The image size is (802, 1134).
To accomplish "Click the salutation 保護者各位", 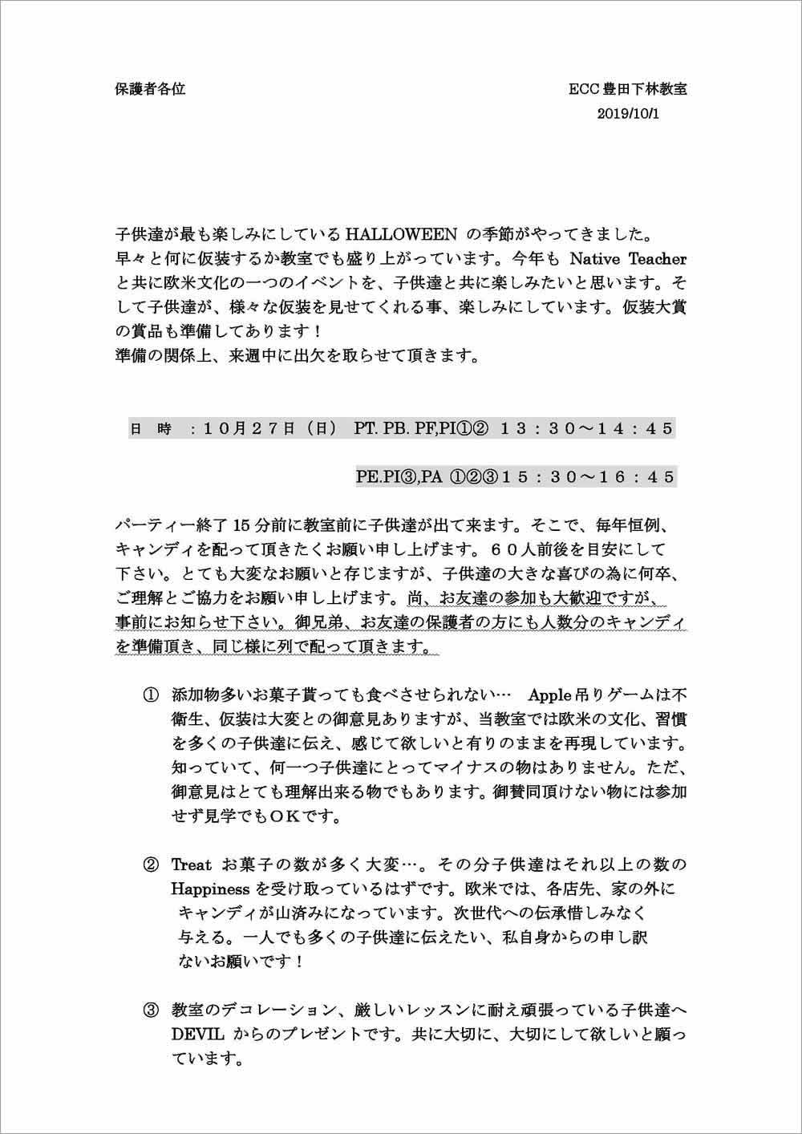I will (151, 90).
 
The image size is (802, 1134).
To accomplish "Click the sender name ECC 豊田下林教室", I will (628, 90).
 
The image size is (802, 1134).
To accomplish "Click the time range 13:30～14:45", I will (585, 428).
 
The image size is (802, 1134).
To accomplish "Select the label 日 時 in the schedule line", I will (151, 429).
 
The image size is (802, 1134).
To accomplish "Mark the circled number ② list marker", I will (151, 865).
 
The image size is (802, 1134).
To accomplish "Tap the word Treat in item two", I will (192, 865).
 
